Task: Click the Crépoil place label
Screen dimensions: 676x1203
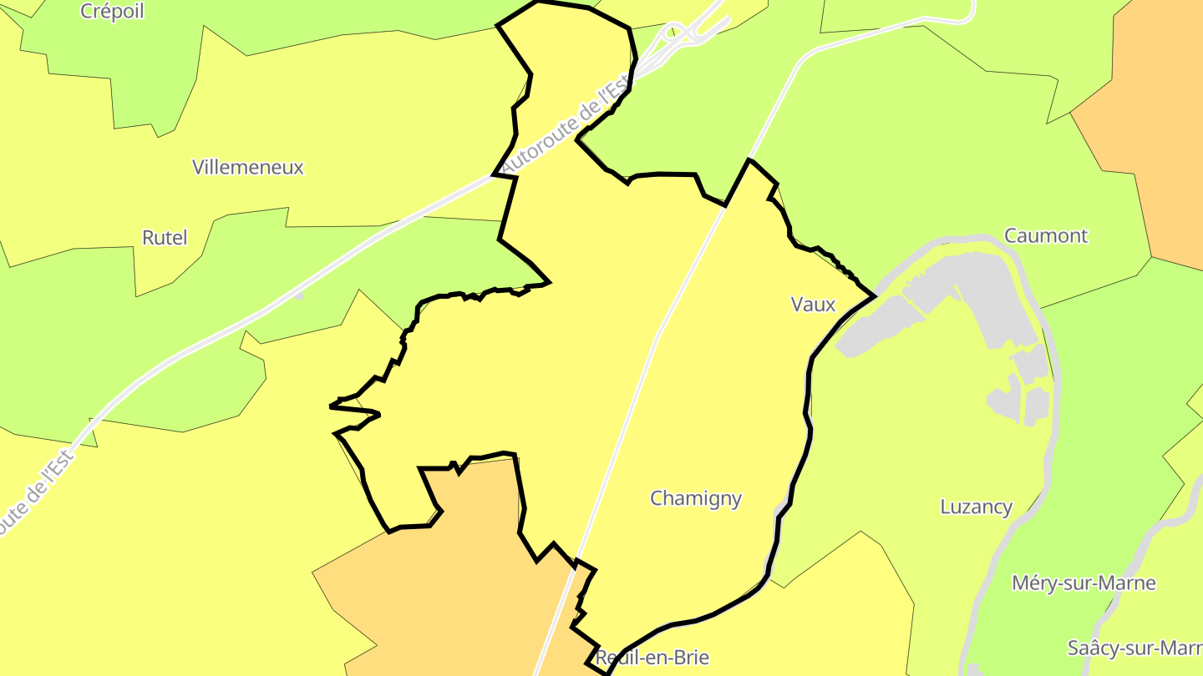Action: coord(112,11)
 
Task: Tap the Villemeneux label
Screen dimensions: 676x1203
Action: coord(247,167)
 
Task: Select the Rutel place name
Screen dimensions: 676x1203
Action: coord(165,238)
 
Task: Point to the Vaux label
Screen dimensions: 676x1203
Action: coord(813,305)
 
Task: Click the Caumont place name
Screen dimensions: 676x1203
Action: coord(1046,235)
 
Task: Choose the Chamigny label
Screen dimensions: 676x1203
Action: coord(696,498)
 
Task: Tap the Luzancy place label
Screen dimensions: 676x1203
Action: coord(976,507)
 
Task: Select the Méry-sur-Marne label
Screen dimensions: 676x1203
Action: coord(1084,583)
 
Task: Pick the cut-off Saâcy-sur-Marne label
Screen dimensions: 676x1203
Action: coord(1134,648)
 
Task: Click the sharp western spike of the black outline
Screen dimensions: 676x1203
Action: coord(332,406)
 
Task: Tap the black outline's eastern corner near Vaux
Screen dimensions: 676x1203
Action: coord(873,295)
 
